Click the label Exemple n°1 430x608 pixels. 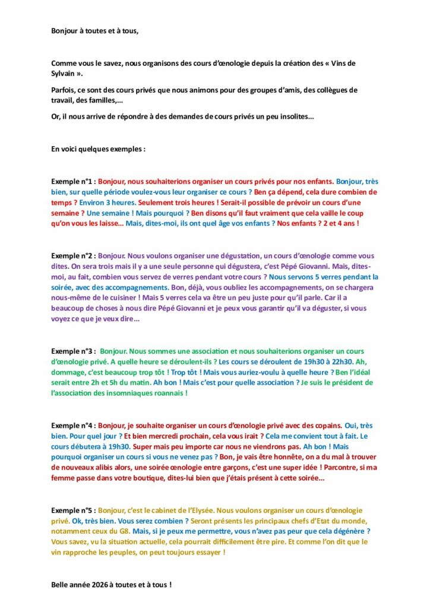(x=73, y=182)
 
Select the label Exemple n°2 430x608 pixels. (x=73, y=255)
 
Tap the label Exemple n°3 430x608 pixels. (x=73, y=351)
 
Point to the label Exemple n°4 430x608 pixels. (x=73, y=425)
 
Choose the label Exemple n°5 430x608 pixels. (x=73, y=510)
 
